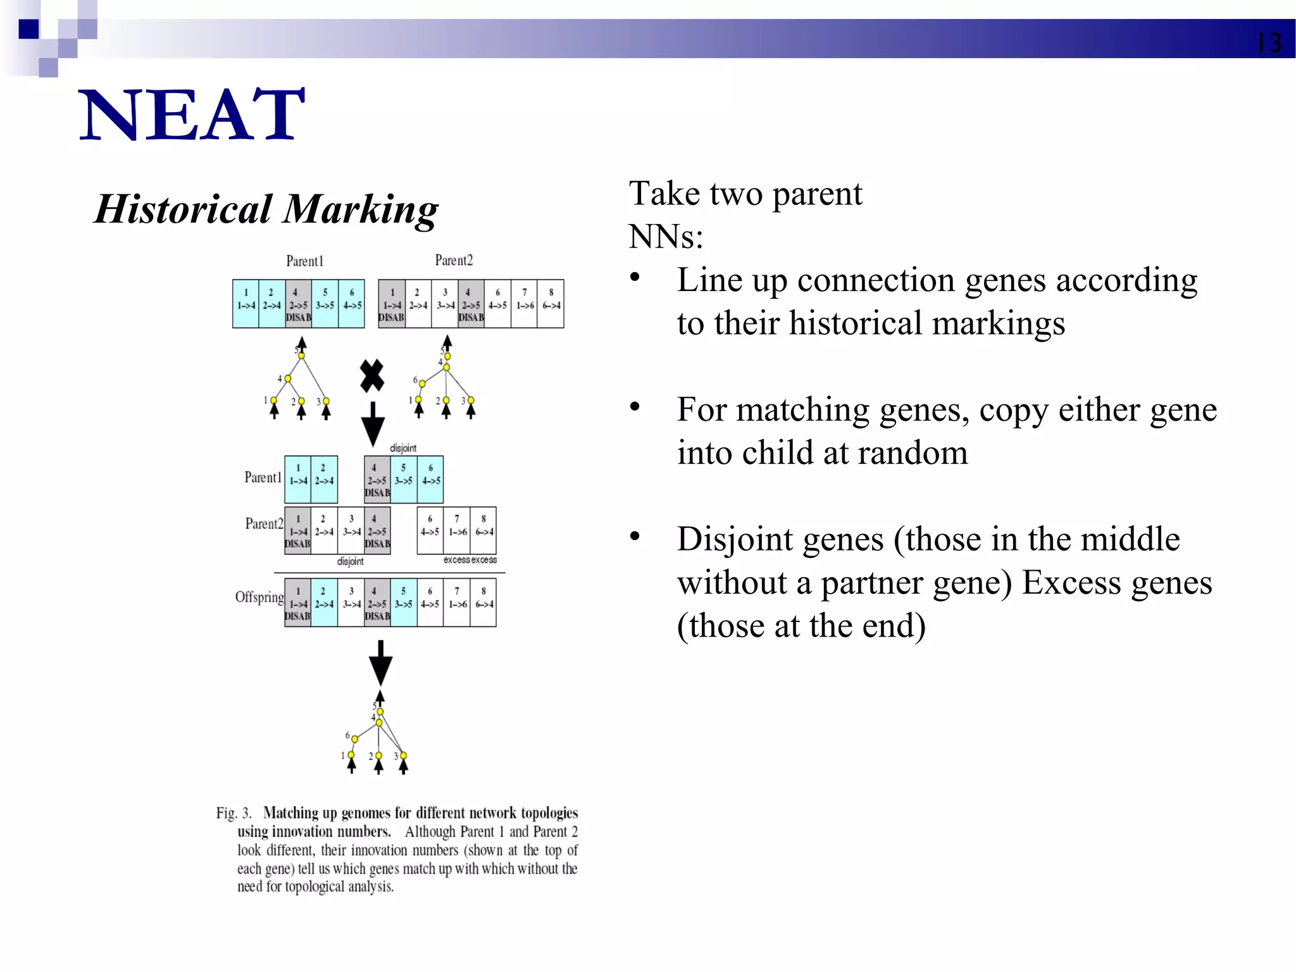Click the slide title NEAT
point(192,115)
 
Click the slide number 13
point(1269,44)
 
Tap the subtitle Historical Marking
point(266,209)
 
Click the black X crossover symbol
point(372,376)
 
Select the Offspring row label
point(259,597)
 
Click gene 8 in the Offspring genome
point(483,602)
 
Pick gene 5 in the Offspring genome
point(404,602)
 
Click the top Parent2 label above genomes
point(454,260)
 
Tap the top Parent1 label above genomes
point(304,261)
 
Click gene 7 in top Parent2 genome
point(524,304)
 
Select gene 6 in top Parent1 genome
point(352,304)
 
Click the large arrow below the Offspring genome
point(380,663)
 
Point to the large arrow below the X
point(373,424)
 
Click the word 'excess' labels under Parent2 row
point(470,560)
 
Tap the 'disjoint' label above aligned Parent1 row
point(403,448)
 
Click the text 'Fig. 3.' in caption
point(234,813)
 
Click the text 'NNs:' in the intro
point(666,237)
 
